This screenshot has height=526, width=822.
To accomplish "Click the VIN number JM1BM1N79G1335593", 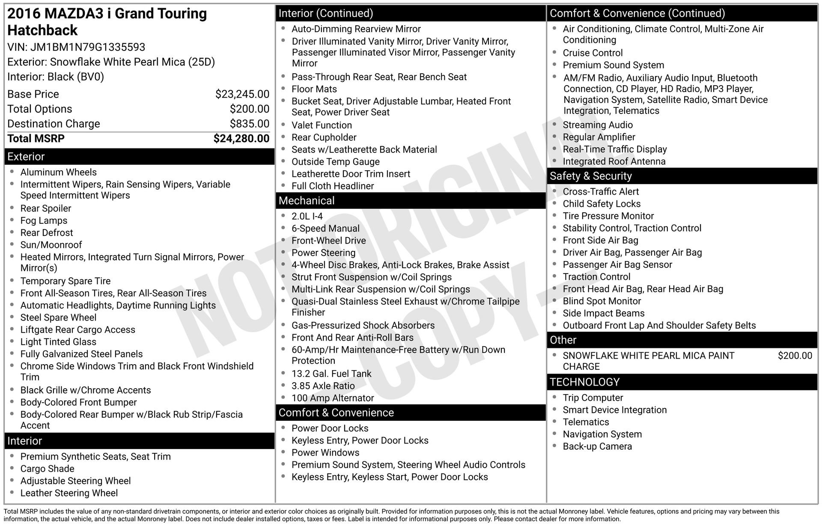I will (x=87, y=47).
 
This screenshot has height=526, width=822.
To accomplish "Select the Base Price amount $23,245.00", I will (x=242, y=94).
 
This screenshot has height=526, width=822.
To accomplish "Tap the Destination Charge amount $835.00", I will (x=250, y=124).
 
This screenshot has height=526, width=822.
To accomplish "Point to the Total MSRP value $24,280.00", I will (x=241, y=139).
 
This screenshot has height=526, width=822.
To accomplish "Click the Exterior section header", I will (x=26, y=157).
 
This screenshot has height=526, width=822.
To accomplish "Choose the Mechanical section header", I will (x=307, y=201).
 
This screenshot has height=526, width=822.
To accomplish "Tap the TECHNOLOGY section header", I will (x=585, y=382).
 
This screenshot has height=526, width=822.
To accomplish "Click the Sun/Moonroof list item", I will (x=51, y=245).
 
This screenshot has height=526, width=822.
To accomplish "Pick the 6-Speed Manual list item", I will (x=325, y=229).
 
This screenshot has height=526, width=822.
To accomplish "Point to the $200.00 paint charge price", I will (x=795, y=356).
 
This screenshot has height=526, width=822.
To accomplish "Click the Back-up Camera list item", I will (x=597, y=446).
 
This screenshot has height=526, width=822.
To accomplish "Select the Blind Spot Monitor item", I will (x=602, y=301).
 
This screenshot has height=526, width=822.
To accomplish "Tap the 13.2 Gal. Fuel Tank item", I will (x=331, y=374).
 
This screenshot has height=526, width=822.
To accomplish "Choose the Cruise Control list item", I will (x=593, y=53).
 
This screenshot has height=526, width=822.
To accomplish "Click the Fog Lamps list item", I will (x=44, y=221).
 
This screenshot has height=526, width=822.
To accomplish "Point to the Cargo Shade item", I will (x=47, y=469).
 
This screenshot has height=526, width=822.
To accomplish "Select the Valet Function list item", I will (x=322, y=125).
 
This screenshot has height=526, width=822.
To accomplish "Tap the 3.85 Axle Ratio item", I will (x=323, y=386).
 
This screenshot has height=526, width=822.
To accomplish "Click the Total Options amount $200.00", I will (x=250, y=109).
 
